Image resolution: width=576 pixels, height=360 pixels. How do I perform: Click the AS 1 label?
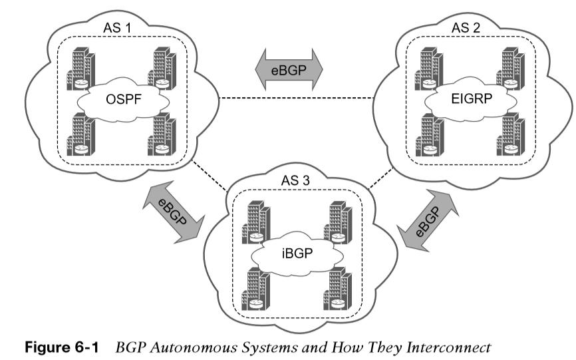click(117, 27)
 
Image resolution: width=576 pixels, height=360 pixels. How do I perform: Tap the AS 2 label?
click(466, 27)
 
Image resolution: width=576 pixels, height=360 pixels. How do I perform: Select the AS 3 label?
click(295, 180)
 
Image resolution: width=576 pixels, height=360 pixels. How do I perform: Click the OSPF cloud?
click(124, 99)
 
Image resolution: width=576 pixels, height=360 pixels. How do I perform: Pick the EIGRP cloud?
click(472, 98)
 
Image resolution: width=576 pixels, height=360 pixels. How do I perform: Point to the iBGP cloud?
click(297, 253)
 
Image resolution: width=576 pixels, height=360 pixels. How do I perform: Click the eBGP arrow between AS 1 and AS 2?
click(289, 69)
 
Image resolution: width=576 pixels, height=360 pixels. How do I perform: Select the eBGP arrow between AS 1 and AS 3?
click(173, 212)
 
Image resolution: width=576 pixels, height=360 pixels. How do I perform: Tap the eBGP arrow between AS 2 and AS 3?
click(428, 220)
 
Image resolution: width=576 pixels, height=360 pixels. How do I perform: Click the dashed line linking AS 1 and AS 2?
click(296, 98)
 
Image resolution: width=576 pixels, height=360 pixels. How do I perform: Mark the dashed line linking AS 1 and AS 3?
click(210, 175)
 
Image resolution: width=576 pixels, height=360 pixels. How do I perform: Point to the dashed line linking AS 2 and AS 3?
click(381, 178)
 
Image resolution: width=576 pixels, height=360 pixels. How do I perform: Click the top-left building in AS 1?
click(81, 69)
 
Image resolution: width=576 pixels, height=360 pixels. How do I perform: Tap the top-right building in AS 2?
click(511, 69)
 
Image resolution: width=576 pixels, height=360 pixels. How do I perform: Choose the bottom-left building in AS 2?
click(430, 135)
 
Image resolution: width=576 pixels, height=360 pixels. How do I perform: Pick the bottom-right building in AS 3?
click(338, 289)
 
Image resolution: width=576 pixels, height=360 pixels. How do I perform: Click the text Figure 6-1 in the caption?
click(62, 347)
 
